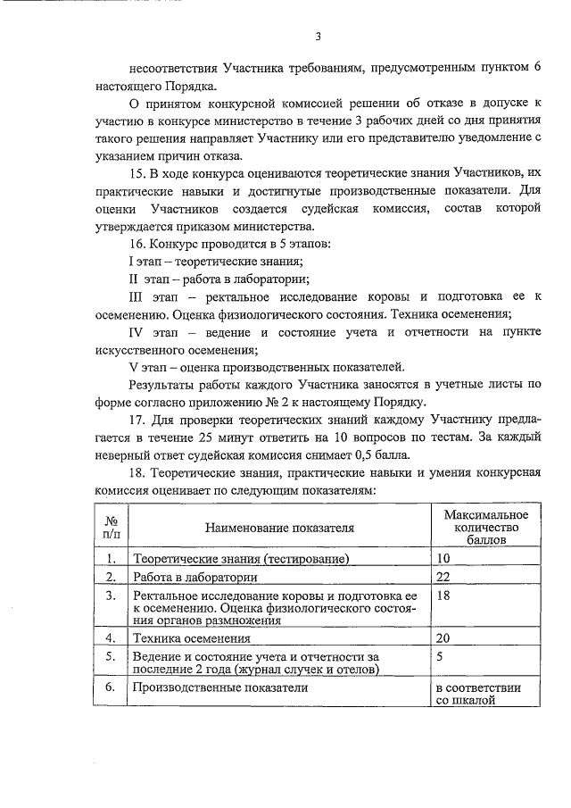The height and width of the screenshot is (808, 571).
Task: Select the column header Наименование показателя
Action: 279,528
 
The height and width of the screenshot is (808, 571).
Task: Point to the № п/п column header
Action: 112,528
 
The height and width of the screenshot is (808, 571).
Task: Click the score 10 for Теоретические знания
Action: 443,559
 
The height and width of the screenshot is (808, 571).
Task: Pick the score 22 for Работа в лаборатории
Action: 443,578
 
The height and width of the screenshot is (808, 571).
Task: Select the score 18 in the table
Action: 443,596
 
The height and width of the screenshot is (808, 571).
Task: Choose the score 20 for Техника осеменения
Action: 443,638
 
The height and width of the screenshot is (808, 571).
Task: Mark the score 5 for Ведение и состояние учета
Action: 440,656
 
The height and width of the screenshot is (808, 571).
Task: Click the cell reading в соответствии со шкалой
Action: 478,695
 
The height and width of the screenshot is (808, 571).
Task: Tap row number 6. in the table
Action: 111,688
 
